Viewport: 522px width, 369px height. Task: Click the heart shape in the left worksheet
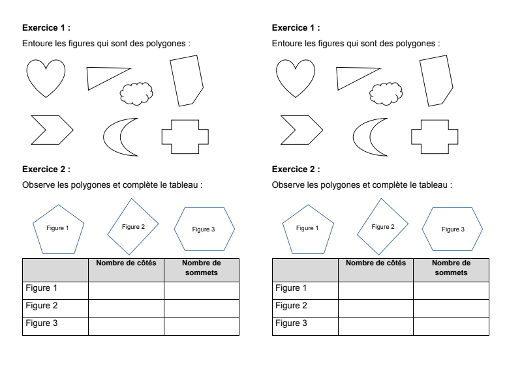(x=46, y=77)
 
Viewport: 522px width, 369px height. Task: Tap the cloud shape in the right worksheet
(x=386, y=94)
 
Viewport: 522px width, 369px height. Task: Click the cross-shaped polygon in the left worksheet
(x=185, y=137)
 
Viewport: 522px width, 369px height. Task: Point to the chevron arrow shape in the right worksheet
(x=300, y=130)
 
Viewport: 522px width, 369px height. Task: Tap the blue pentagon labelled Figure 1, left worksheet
(x=58, y=229)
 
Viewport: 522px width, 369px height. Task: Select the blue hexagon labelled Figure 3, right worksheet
(x=452, y=229)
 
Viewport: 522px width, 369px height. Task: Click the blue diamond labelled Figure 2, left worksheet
(x=133, y=227)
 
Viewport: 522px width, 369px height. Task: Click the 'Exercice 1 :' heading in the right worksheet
(x=296, y=28)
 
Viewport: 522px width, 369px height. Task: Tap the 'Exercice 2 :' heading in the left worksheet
(x=46, y=169)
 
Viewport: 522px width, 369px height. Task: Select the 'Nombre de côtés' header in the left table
(x=126, y=263)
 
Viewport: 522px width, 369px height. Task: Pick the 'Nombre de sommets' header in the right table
(x=451, y=268)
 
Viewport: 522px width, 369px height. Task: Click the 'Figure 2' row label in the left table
(x=42, y=306)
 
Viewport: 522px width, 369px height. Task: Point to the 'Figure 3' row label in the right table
(x=291, y=323)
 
